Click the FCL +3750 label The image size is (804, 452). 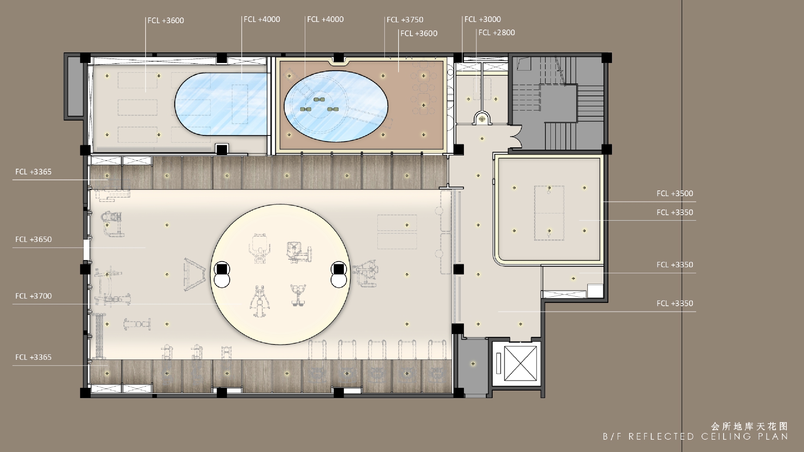[x=405, y=20]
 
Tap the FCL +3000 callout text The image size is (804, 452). [x=483, y=19]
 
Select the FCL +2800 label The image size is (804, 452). [x=497, y=33]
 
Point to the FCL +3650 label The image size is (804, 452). [x=33, y=239]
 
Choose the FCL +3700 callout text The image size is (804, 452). [x=33, y=296]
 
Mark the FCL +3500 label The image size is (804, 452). [x=675, y=193]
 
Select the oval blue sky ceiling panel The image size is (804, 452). [x=336, y=106]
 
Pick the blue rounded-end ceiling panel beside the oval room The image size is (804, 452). [x=221, y=104]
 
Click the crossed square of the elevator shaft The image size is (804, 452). [x=520, y=363]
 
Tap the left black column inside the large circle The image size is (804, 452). [x=222, y=269]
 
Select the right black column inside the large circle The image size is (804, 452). [x=339, y=269]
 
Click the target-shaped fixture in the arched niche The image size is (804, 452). [x=482, y=119]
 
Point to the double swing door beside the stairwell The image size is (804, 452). [x=516, y=136]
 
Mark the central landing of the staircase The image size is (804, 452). [x=558, y=103]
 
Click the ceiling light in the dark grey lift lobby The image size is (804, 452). [x=473, y=364]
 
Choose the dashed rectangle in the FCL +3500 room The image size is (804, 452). [x=549, y=213]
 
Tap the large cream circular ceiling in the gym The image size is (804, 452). [x=280, y=275]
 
